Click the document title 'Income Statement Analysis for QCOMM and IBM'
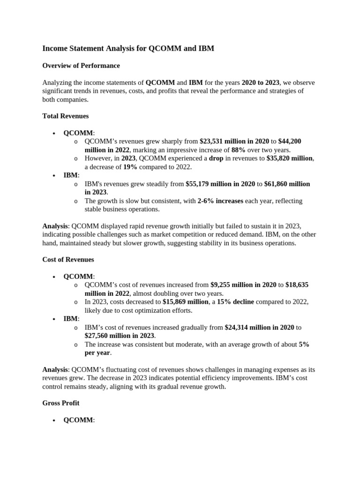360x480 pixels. coord(128,48)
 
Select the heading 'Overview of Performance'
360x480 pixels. coord(81,66)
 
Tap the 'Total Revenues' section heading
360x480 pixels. coord(66,116)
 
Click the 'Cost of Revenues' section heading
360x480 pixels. coord(68,259)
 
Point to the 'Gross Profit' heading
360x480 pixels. coord(61,403)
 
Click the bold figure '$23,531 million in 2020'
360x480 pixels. coord(234,141)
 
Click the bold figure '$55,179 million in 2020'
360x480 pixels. coord(220,184)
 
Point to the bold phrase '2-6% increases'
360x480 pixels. coord(220,201)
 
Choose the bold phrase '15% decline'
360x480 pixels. coord(235,302)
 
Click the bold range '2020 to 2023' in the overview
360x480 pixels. coord(260,82)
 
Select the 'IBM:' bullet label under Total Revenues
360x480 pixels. coord(71,175)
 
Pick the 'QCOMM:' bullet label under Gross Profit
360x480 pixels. coord(78,420)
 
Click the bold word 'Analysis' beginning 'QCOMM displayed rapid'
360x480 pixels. coord(55,226)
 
